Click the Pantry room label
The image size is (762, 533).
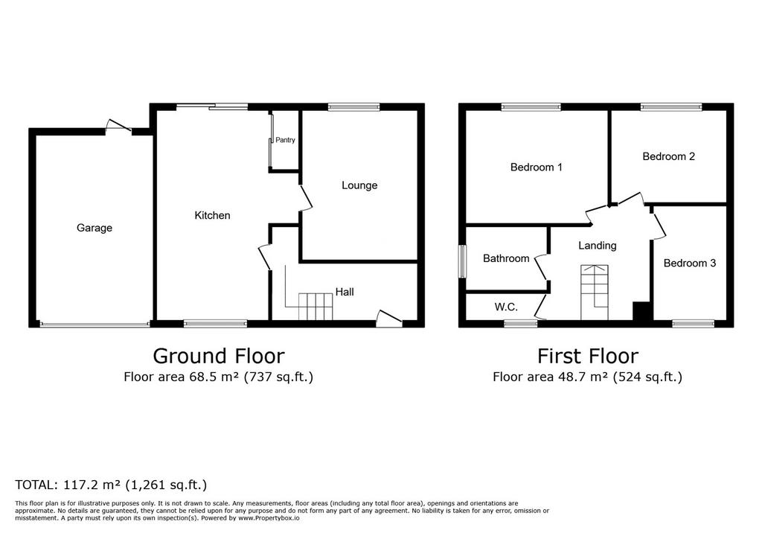[285, 140]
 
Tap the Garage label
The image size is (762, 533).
[95, 228]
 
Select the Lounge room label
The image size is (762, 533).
[359, 185]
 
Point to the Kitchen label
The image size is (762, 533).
[212, 215]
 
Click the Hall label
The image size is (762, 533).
[345, 292]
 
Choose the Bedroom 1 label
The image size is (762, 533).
[537, 167]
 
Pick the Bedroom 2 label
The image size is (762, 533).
[669, 156]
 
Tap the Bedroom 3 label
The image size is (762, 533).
[690, 263]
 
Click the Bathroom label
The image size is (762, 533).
[506, 258]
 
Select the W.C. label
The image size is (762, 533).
[506, 307]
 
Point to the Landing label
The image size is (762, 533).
[598, 246]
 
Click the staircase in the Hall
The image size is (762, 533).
[316, 307]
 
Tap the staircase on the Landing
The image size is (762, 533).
[595, 293]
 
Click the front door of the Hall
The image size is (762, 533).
[389, 317]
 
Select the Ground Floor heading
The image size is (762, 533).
[219, 356]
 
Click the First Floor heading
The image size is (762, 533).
[588, 356]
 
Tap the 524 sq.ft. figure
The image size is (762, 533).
[648, 377]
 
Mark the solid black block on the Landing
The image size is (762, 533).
[642, 310]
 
